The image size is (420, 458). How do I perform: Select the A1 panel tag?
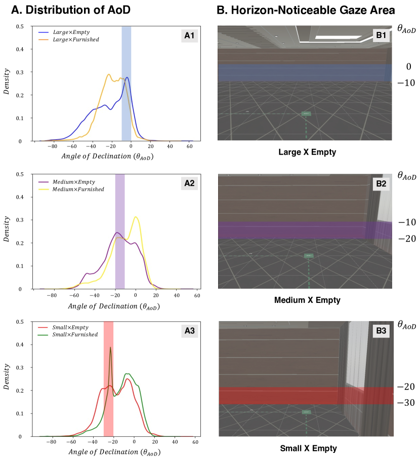point(188,35)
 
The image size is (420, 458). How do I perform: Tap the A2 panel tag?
point(188,183)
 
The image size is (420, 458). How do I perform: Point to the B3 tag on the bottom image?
point(381,331)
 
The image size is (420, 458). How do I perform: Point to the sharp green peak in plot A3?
point(110,348)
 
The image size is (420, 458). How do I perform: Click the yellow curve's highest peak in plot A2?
point(136,217)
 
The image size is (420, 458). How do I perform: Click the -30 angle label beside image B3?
point(406,403)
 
